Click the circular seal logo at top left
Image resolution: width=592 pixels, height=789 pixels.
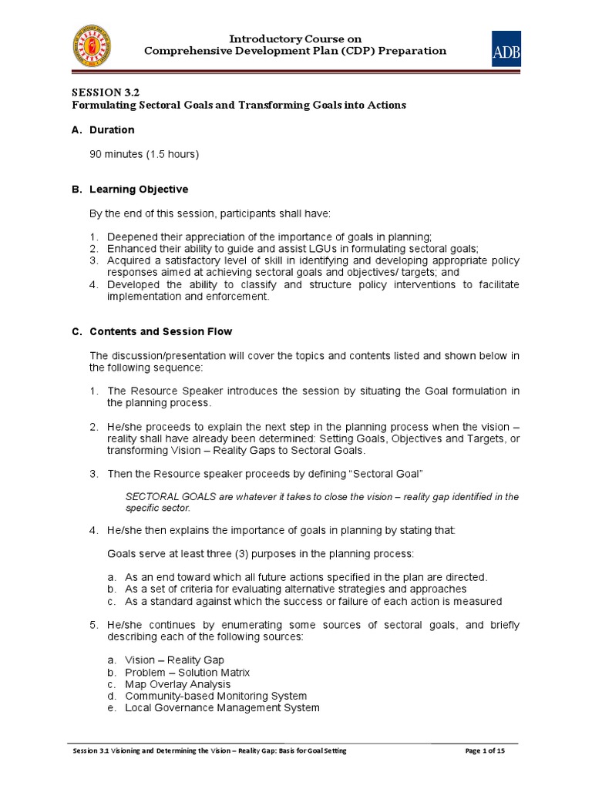[90, 46]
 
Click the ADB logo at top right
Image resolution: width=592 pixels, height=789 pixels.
[506, 49]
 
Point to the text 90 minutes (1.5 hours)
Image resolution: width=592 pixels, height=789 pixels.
[144, 154]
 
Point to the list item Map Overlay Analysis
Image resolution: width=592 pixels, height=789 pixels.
[177, 684]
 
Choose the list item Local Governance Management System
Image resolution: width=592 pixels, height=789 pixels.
[222, 707]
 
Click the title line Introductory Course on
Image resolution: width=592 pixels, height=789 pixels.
[296, 39]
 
